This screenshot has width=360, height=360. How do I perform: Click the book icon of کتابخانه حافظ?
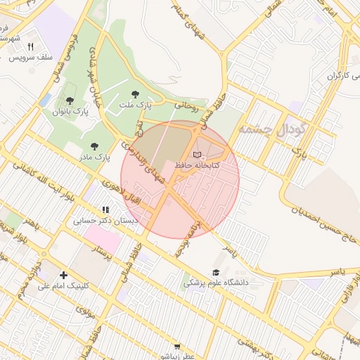coord(197,154)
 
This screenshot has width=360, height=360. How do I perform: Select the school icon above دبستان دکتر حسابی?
coord(105,210)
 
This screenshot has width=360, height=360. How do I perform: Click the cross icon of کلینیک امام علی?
coord(64,275)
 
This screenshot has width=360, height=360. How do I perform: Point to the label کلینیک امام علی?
coord(64,286)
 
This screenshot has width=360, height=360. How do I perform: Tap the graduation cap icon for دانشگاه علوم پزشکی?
coord(216,272)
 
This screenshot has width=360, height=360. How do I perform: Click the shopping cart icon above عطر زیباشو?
coord(177,346)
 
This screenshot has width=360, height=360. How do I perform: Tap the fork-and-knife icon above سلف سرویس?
coord(30,46)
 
